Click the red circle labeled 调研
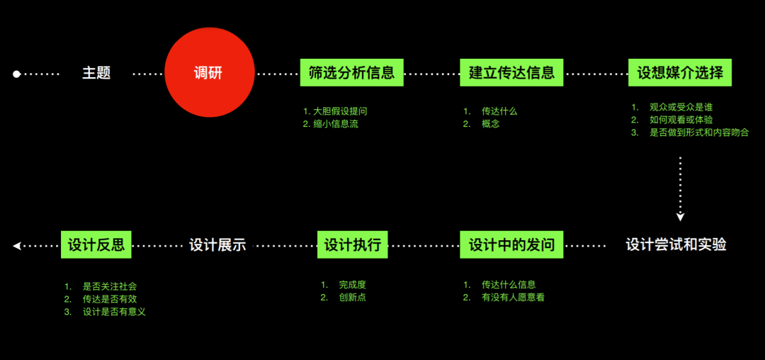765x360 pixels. (x=209, y=72)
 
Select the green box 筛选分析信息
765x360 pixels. (x=352, y=72)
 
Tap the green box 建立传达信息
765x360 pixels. (x=511, y=72)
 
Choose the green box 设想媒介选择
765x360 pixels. (x=680, y=72)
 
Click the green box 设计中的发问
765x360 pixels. (x=511, y=244)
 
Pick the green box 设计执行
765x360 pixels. (x=352, y=244)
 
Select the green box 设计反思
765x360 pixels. (x=96, y=244)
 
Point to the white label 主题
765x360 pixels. (x=96, y=73)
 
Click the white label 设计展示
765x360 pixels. (x=217, y=245)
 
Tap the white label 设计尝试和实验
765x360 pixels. (x=676, y=245)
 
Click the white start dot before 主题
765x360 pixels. (x=16, y=74)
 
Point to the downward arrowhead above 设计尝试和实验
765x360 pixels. (x=681, y=217)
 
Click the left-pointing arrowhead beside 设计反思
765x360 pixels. (x=17, y=246)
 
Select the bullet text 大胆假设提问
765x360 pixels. (x=340, y=111)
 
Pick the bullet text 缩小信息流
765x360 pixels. (x=336, y=124)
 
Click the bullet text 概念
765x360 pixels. (x=490, y=124)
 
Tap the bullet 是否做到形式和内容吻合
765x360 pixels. (x=699, y=133)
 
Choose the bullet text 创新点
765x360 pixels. (x=353, y=298)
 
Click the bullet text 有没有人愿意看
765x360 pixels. (x=513, y=298)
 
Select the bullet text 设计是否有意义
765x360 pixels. (x=115, y=313)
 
